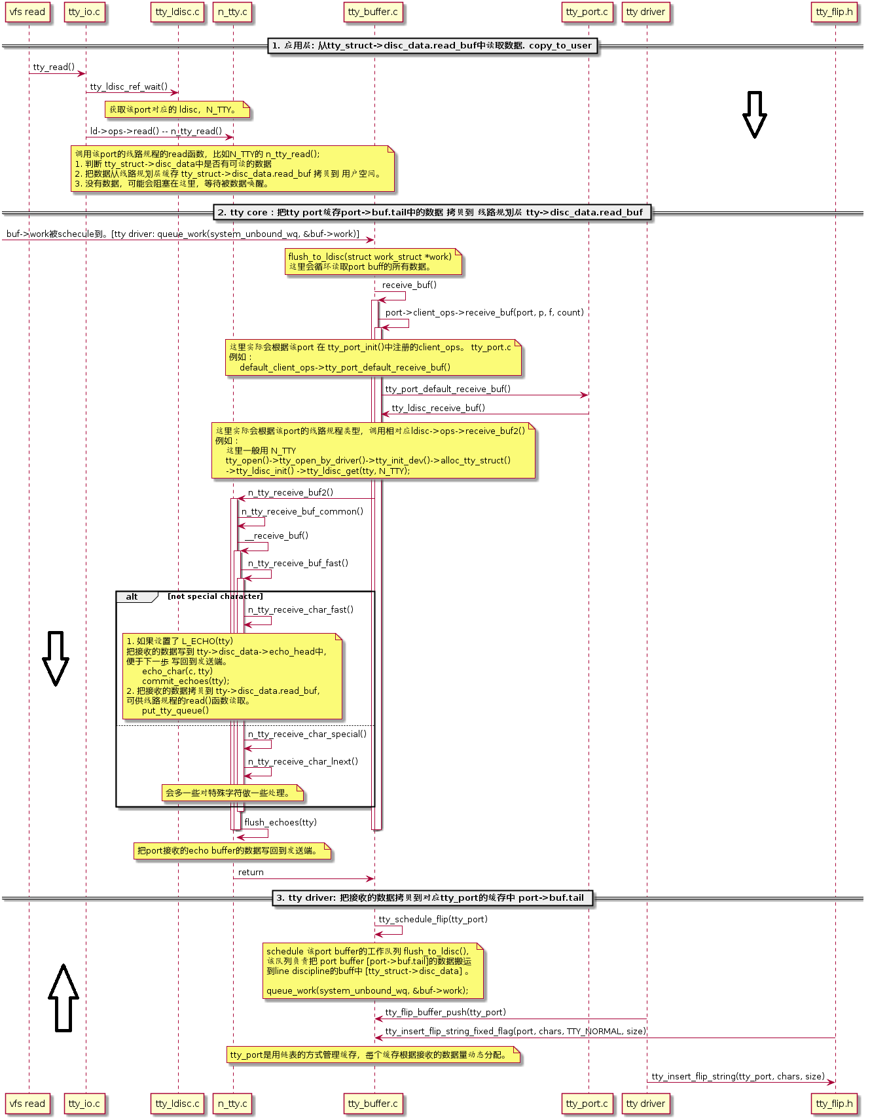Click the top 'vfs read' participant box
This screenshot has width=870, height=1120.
click(x=27, y=12)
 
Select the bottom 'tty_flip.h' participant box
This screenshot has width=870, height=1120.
click(x=834, y=1103)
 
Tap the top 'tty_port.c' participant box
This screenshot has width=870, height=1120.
click(x=587, y=12)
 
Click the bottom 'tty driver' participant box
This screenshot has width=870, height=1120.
click(x=645, y=1103)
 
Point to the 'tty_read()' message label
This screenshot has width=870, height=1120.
click(x=54, y=67)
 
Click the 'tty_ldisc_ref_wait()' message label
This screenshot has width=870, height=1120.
click(x=128, y=86)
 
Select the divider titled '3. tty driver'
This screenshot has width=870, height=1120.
click(x=432, y=897)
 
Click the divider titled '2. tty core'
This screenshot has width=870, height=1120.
click(x=431, y=212)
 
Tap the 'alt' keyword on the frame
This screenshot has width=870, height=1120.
click(x=132, y=596)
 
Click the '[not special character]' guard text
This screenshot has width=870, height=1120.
click(x=215, y=596)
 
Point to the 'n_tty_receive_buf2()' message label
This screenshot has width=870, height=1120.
click(x=290, y=492)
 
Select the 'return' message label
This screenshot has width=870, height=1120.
click(x=251, y=872)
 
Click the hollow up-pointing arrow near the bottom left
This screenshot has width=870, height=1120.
click(x=63, y=996)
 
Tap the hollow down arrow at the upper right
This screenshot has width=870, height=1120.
click(x=754, y=114)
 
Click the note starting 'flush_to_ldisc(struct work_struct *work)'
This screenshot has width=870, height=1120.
click(x=374, y=261)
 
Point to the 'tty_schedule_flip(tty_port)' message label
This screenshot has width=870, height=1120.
click(x=433, y=919)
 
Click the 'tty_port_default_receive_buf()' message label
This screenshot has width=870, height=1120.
click(x=448, y=389)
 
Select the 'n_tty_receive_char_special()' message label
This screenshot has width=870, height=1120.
click(x=307, y=734)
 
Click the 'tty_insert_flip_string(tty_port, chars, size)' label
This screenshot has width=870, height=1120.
click(x=738, y=1076)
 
